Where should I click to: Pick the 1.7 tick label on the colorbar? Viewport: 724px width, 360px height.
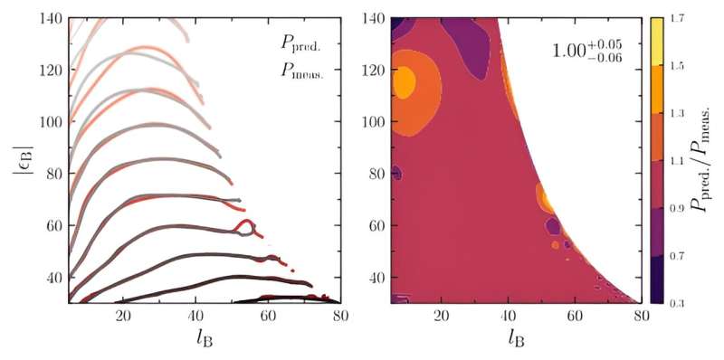[x=674, y=18]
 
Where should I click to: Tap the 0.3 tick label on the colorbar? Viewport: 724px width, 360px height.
[x=674, y=301]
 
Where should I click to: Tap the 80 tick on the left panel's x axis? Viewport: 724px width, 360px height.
[x=340, y=315]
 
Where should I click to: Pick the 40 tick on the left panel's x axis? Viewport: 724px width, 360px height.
[x=196, y=315]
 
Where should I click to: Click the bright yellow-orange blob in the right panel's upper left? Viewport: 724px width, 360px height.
[x=404, y=83]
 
